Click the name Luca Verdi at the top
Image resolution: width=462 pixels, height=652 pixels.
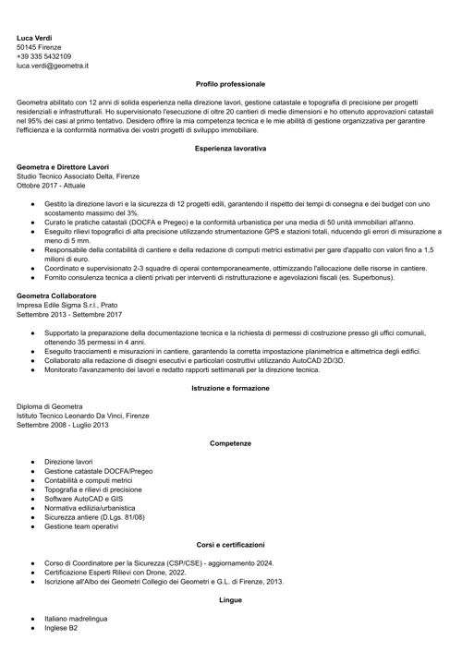tap(34, 38)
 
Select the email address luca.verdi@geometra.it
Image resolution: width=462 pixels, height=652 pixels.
tap(53, 66)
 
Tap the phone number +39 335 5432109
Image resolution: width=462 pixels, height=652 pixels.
tap(43, 57)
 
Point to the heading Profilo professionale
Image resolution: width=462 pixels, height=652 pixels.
tap(230, 84)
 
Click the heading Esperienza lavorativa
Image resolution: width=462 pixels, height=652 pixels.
tap(230, 148)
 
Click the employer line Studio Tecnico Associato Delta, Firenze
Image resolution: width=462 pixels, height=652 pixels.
tap(78, 175)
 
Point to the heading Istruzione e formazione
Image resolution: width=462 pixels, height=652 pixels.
tap(230, 388)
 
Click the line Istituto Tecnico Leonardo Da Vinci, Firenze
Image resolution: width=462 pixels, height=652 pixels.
tap(82, 416)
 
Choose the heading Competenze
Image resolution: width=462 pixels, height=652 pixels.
tap(230, 443)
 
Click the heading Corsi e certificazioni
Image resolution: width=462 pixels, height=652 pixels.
tap(230, 545)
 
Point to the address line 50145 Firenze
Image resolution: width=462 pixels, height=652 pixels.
tap(39, 48)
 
